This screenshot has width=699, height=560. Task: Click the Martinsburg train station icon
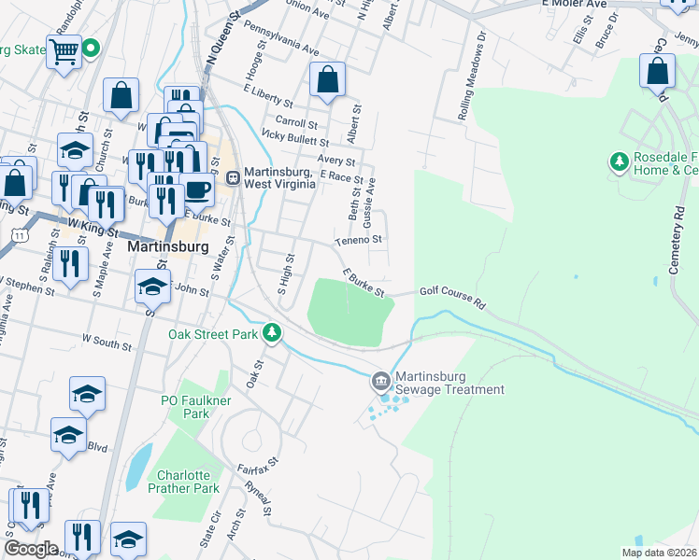[233, 176]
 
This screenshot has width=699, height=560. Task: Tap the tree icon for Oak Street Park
[272, 332]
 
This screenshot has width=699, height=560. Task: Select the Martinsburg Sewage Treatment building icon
[380, 381]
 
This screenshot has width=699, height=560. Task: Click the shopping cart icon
[64, 52]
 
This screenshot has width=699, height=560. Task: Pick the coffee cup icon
[197, 189]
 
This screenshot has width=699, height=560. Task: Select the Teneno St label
[360, 240]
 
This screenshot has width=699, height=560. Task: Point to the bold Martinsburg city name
[160, 249]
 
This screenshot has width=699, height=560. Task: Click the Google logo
[31, 548]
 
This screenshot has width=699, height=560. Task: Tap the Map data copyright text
[659, 553]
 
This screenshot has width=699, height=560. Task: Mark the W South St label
[107, 343]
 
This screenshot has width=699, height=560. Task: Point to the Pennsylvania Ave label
[281, 40]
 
